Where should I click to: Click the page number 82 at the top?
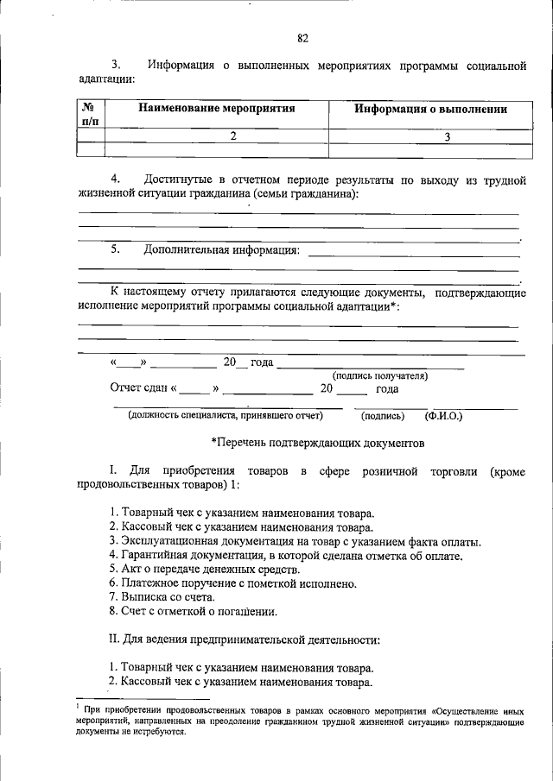pyautogui.click(x=302, y=38)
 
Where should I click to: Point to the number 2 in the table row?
pyautogui.click(x=233, y=136)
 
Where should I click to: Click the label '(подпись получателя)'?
pyautogui.click(x=380, y=375)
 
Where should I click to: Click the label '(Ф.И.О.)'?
pyautogui.click(x=443, y=416)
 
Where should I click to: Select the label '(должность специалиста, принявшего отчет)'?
pyautogui.click(x=225, y=416)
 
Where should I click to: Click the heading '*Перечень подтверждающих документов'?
pyautogui.click(x=318, y=443)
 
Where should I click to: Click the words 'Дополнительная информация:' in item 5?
pyautogui.click(x=222, y=251)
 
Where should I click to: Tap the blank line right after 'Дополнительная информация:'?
pyautogui.click(x=413, y=253)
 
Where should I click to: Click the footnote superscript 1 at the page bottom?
pyautogui.click(x=78, y=704)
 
